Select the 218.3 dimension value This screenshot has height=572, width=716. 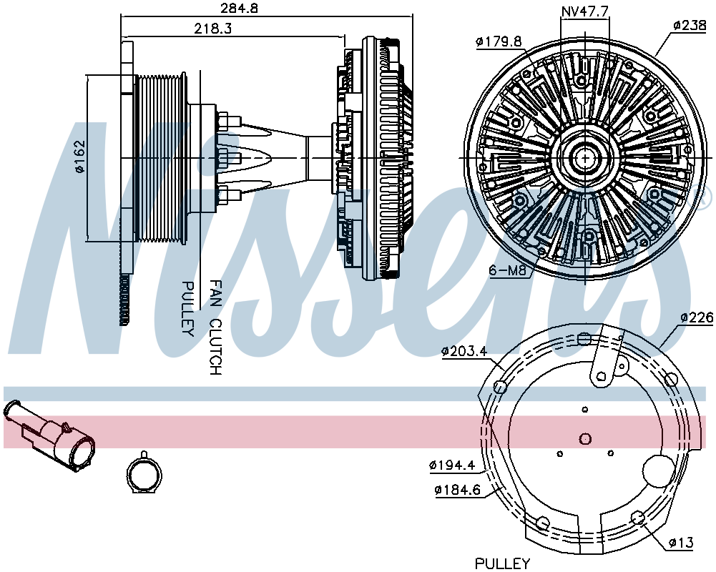(x=212, y=29)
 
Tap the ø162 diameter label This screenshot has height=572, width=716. (x=79, y=157)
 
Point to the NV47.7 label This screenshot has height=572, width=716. (x=584, y=12)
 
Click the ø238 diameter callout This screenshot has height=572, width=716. (x=690, y=26)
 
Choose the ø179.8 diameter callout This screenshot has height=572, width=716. (x=499, y=42)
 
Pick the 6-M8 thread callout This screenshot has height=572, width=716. (x=508, y=270)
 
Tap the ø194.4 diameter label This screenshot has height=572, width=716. (x=452, y=465)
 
